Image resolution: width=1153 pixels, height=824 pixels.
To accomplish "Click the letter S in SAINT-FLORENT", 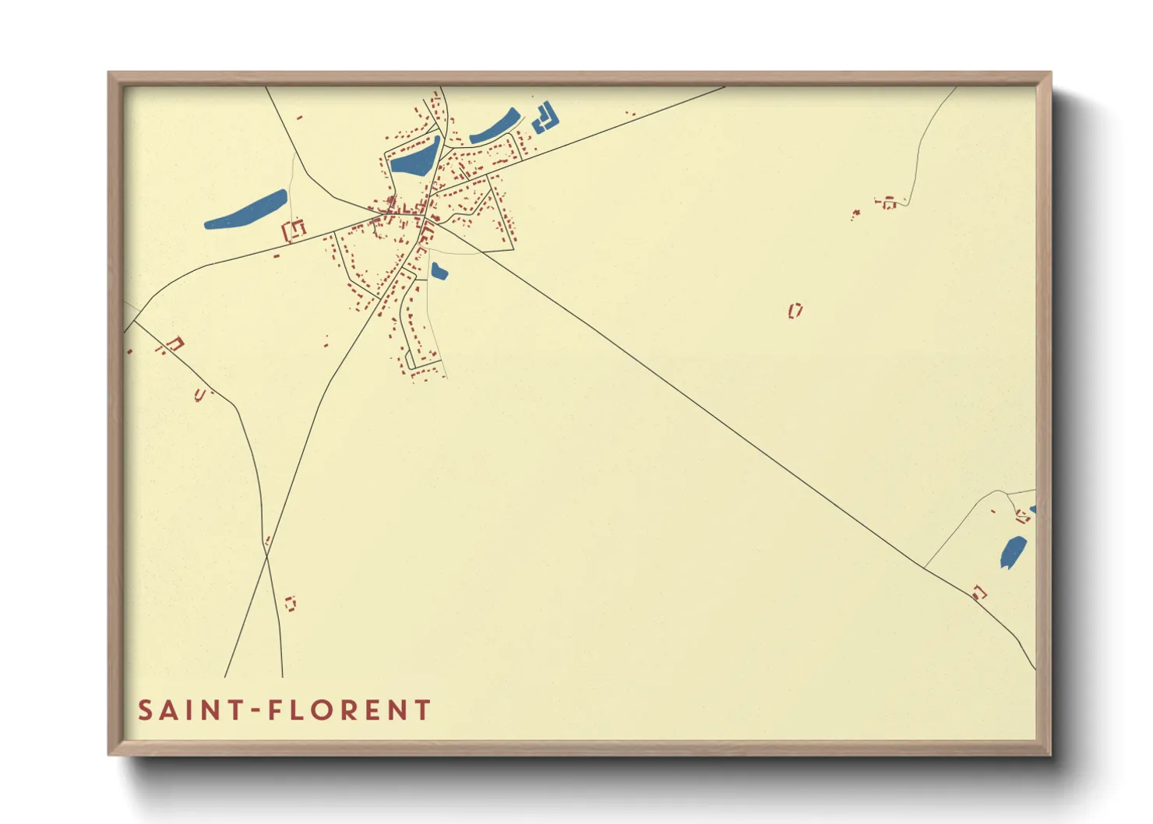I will [x=146, y=710].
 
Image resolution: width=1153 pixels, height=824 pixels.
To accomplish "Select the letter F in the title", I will [x=275, y=710].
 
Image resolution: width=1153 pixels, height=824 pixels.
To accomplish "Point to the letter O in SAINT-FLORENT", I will [x=325, y=710].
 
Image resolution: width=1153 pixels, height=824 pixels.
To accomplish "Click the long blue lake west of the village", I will [x=246, y=210].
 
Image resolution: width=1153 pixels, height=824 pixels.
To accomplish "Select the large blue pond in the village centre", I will [x=416, y=158].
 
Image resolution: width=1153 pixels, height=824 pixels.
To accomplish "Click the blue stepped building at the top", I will [x=546, y=117].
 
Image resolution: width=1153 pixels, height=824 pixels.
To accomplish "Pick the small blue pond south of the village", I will [x=439, y=271].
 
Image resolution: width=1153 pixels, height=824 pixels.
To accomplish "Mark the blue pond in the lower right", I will [x=1013, y=551].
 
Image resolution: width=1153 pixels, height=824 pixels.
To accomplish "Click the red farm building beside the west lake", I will [x=294, y=230].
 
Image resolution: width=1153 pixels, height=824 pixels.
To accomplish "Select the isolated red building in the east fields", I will [x=795, y=311].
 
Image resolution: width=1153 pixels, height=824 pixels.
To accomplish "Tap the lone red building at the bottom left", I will [x=291, y=603].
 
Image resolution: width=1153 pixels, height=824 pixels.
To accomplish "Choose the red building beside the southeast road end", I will [x=979, y=593].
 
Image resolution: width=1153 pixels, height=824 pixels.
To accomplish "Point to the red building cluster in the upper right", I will [x=887, y=203].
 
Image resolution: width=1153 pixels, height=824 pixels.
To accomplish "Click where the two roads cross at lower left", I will [x=266, y=551].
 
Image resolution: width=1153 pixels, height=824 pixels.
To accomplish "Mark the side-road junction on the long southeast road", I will [x=925, y=566].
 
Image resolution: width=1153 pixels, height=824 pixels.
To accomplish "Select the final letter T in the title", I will [x=422, y=710].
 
